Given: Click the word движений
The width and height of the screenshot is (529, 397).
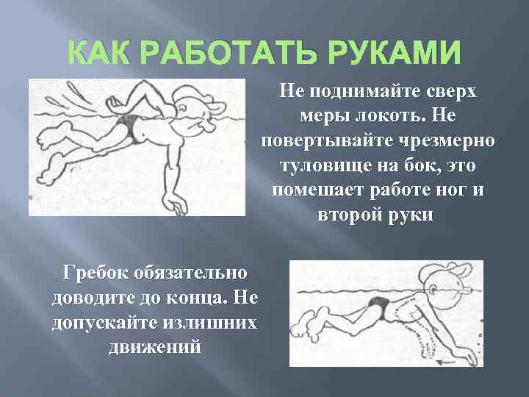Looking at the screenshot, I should point(154,348).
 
